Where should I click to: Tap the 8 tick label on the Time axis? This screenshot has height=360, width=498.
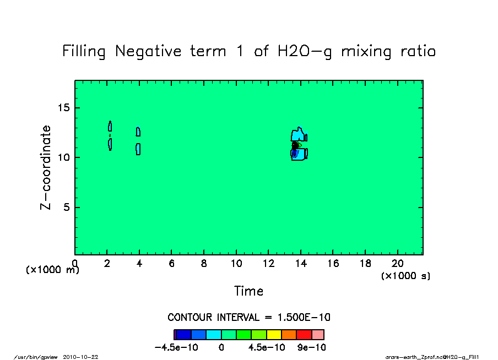pyautogui.click(x=204, y=264)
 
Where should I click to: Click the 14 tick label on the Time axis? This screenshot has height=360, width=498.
pyautogui.click(x=301, y=264)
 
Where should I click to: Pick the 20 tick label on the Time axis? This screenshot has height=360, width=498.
pyautogui.click(x=398, y=264)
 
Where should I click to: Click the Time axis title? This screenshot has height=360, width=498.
pyautogui.click(x=248, y=291)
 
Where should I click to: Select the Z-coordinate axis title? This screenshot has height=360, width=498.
pyautogui.click(x=46, y=167)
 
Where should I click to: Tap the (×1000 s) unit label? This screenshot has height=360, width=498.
pyautogui.click(x=405, y=276)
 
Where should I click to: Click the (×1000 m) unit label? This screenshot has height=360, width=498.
pyautogui.click(x=53, y=270)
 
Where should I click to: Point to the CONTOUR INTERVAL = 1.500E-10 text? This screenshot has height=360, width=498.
pyautogui.click(x=248, y=318)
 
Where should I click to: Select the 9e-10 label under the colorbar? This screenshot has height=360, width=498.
pyautogui.click(x=311, y=347)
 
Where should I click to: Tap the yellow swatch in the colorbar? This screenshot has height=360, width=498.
pyautogui.click(x=274, y=335)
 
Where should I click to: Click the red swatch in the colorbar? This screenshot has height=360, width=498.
pyautogui.click(x=304, y=335)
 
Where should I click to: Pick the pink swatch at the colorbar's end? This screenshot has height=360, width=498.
pyautogui.click(x=318, y=335)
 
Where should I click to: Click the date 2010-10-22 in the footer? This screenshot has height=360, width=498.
pyautogui.click(x=80, y=357)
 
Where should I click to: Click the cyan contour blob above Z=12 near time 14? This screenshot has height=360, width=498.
pyautogui.click(x=297, y=134)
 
